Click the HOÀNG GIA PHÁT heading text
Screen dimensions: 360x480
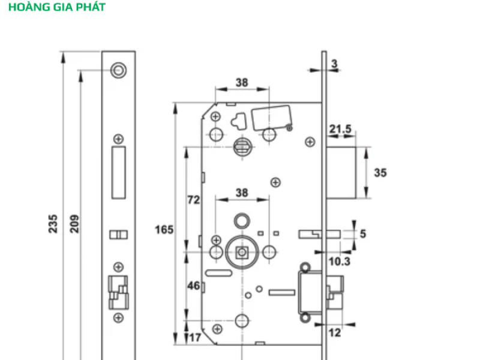pos(57,8)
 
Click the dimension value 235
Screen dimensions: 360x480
pos(53,223)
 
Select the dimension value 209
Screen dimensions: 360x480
pos(75,223)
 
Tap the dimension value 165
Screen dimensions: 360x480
pos(164,230)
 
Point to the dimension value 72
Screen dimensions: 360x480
pos(193,200)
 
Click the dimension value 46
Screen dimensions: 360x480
pos(193,286)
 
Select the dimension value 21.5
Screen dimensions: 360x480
pos(340,129)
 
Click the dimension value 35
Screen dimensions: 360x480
pos(380,173)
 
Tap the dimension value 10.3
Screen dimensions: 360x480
pos(340,262)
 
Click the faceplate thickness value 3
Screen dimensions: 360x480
pos(334,63)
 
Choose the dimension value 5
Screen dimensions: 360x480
pos(363,234)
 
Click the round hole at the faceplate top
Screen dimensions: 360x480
pos(119,70)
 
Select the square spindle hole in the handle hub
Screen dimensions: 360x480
pos(243,251)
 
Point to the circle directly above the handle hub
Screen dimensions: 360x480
pos(242,220)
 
